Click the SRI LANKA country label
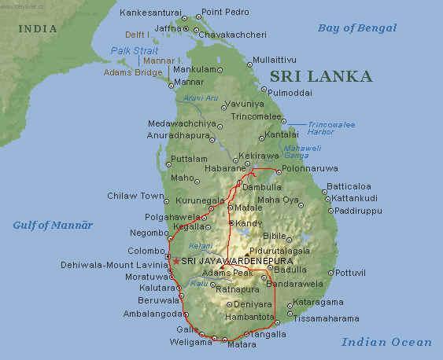pyautogui.click(x=320, y=76)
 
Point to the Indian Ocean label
pyautogui.click(x=386, y=342)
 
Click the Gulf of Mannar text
pyautogui.click(x=53, y=225)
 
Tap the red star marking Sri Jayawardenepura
pyautogui.click(x=175, y=261)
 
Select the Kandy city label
pyautogui.click(x=249, y=223)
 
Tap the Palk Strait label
pyautogui.click(x=134, y=50)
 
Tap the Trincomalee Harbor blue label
pyautogui.click(x=308, y=127)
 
